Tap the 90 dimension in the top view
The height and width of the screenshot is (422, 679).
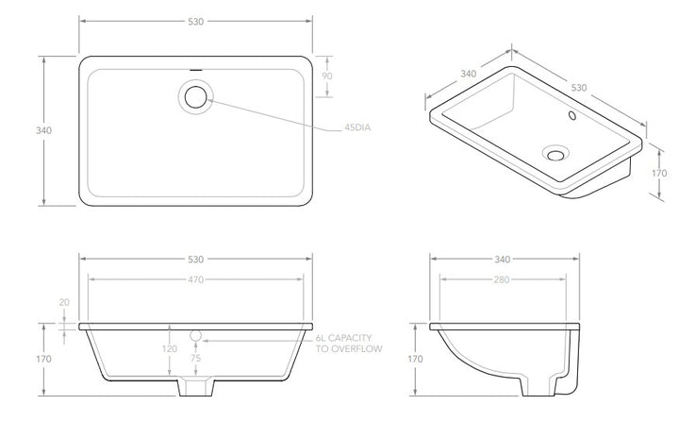click(x=327, y=76)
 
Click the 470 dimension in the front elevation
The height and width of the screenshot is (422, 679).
click(x=194, y=279)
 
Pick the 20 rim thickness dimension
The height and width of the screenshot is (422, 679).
click(x=64, y=302)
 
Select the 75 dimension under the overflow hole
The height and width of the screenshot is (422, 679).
click(x=196, y=359)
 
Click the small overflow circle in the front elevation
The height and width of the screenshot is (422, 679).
click(x=196, y=335)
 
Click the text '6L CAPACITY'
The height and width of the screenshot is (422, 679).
click(x=346, y=337)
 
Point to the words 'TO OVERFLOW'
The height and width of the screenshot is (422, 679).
click(x=347, y=348)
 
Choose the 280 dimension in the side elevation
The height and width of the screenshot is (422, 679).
click(x=502, y=279)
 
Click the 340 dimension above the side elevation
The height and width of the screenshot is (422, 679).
click(x=502, y=259)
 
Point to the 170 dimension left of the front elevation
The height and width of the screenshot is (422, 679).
click(x=43, y=360)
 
